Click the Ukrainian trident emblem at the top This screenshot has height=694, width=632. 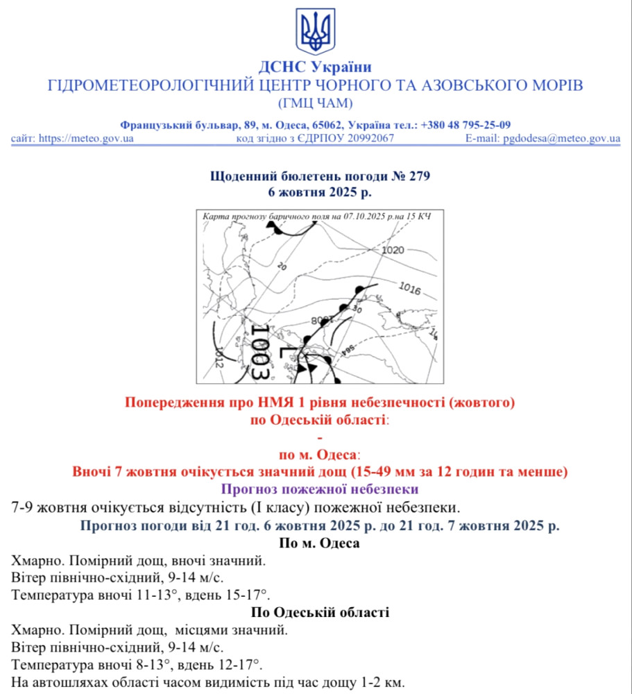(316, 32)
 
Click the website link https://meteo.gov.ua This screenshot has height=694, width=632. (86, 138)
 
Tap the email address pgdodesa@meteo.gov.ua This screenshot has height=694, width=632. (562, 138)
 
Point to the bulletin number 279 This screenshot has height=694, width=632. (420, 176)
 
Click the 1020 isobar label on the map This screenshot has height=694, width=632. (393, 250)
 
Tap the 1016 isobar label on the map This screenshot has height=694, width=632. (410, 288)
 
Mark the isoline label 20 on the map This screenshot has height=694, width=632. (281, 265)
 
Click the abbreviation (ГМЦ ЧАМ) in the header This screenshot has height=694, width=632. (316, 103)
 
